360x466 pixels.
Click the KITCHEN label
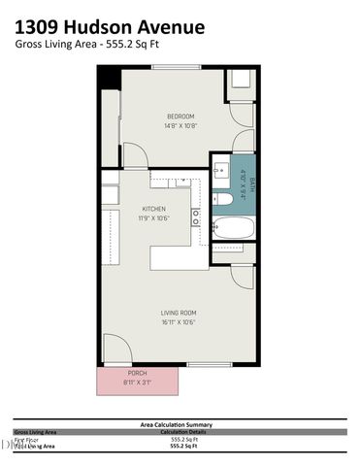154,209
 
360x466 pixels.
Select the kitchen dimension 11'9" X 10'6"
154,218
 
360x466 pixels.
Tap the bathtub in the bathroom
233,229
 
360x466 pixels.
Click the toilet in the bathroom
222,200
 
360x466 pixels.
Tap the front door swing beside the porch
114,349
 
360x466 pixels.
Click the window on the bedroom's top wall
175,66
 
